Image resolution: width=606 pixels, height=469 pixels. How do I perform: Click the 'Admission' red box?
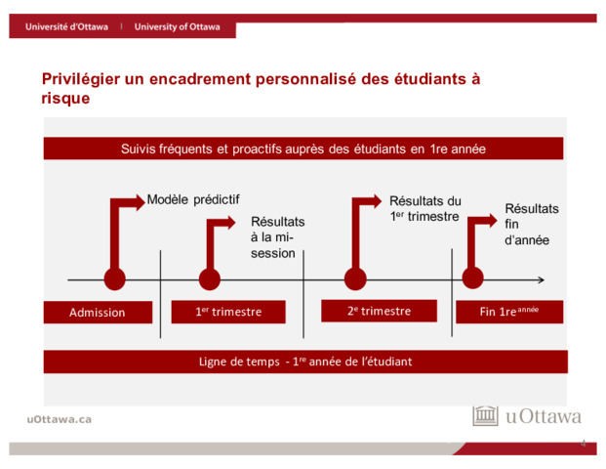click(98, 312)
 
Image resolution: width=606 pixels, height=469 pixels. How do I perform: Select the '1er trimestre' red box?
click(228, 312)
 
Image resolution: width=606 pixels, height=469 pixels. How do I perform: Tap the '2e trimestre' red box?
click(380, 311)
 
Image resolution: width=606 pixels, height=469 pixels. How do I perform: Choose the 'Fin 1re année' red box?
click(509, 312)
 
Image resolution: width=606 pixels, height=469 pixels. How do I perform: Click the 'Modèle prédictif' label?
click(193, 199)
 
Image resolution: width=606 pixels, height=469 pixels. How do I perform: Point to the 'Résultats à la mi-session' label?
click(277, 237)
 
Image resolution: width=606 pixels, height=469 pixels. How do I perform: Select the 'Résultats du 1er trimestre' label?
click(425, 208)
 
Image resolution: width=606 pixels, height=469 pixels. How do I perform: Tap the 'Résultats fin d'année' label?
click(532, 225)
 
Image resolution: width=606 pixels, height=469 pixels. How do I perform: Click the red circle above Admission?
click(115, 279)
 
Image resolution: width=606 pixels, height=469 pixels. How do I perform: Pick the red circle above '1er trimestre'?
click(210, 279)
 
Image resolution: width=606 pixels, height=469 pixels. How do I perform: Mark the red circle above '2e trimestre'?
click(355, 279)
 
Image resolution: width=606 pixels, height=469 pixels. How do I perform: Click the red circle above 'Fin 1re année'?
click(472, 277)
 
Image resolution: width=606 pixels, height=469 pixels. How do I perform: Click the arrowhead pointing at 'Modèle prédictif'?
click(140, 202)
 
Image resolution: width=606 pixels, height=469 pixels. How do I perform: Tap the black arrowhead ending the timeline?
click(541, 279)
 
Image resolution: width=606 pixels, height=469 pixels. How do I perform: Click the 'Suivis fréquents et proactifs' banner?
click(303, 149)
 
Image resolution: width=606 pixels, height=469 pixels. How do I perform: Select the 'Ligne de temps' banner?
click(305, 362)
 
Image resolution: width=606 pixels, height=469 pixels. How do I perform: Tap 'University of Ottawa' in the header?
click(177, 26)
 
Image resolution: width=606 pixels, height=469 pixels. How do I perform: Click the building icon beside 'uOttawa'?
click(485, 416)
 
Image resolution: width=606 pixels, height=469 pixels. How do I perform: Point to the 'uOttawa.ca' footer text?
click(60, 419)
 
